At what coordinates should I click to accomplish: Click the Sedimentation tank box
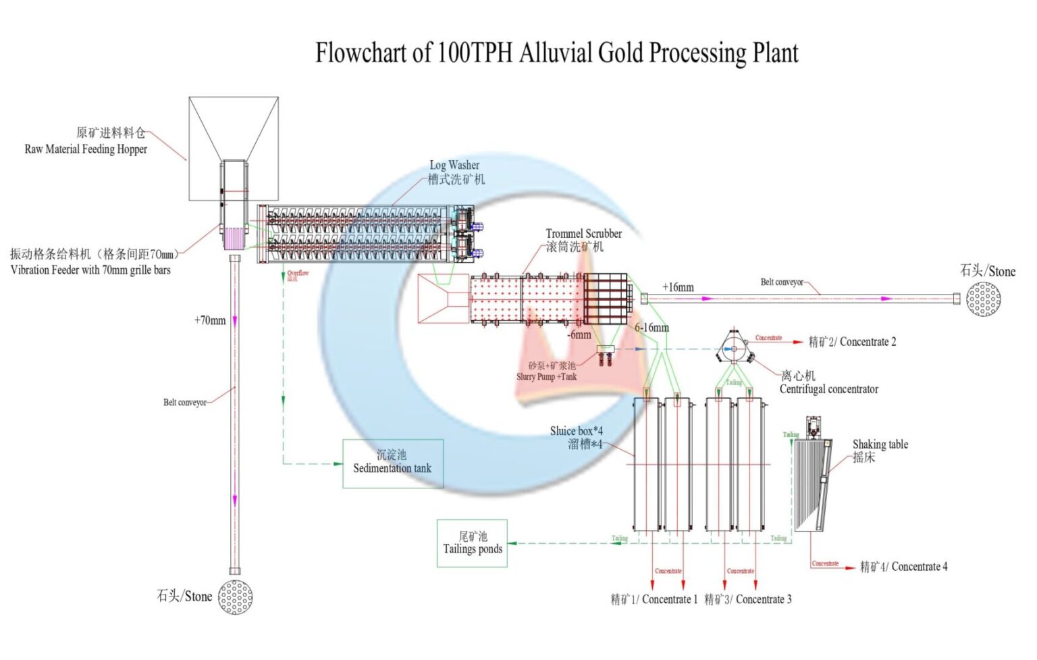[x=393, y=463]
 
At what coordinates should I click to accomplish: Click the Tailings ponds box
[x=472, y=543]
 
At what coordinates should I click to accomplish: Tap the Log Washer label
[x=454, y=166]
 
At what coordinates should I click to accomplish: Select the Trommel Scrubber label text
[x=583, y=234]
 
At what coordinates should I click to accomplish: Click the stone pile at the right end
[x=983, y=299]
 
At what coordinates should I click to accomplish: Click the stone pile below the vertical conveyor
[x=236, y=597]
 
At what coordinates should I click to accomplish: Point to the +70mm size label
[x=210, y=320]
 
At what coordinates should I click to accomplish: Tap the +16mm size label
[x=678, y=287]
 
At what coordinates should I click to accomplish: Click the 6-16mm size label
[x=652, y=328]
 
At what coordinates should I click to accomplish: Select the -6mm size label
[x=579, y=334]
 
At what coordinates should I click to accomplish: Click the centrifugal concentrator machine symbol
[x=733, y=348]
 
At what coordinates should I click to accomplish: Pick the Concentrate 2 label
[x=853, y=342]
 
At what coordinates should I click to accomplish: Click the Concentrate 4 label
[x=903, y=567]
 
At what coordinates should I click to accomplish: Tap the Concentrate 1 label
[x=654, y=599]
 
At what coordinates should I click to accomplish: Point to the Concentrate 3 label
[x=748, y=599]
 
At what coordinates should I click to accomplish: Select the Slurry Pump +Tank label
[x=546, y=377]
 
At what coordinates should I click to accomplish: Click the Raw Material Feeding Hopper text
[x=86, y=149]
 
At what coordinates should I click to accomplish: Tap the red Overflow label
[x=298, y=273]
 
